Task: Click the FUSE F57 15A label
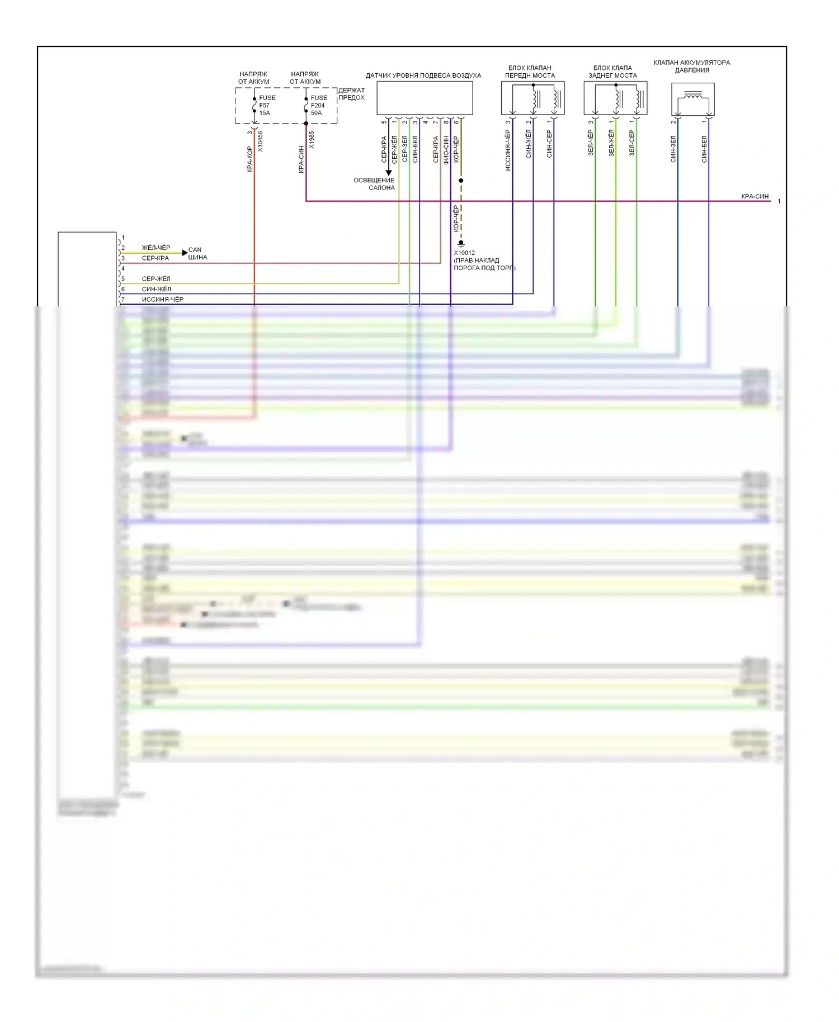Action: pyautogui.click(x=267, y=105)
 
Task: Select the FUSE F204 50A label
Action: pyautogui.click(x=318, y=105)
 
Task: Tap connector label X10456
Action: pyautogui.click(x=260, y=142)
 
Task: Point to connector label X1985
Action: pyautogui.click(x=312, y=140)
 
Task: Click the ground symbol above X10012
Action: pyautogui.click(x=461, y=244)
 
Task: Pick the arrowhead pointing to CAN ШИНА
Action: pyautogui.click(x=185, y=253)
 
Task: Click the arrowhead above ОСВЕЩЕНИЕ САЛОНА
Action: pyautogui.click(x=389, y=172)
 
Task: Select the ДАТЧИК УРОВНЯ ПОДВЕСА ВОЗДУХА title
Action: pyautogui.click(x=423, y=75)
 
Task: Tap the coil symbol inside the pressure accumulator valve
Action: pyautogui.click(x=693, y=96)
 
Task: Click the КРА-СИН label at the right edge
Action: pyautogui.click(x=755, y=197)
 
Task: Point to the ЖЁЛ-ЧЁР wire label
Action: pyautogui.click(x=156, y=248)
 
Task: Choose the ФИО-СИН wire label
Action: pyautogui.click(x=446, y=149)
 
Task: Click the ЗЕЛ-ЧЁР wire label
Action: pyautogui.click(x=591, y=143)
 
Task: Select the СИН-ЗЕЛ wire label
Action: pyautogui.click(x=673, y=149)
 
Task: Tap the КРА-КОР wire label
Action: pyautogui.click(x=250, y=159)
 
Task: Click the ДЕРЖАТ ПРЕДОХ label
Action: pyautogui.click(x=351, y=94)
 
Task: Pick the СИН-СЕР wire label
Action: pyautogui.click(x=549, y=144)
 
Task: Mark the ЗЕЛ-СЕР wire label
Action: pyautogui.click(x=631, y=143)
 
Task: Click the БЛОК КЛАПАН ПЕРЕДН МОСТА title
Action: pyautogui.click(x=530, y=72)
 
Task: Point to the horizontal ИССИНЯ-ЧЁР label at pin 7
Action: pyautogui.click(x=162, y=300)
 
